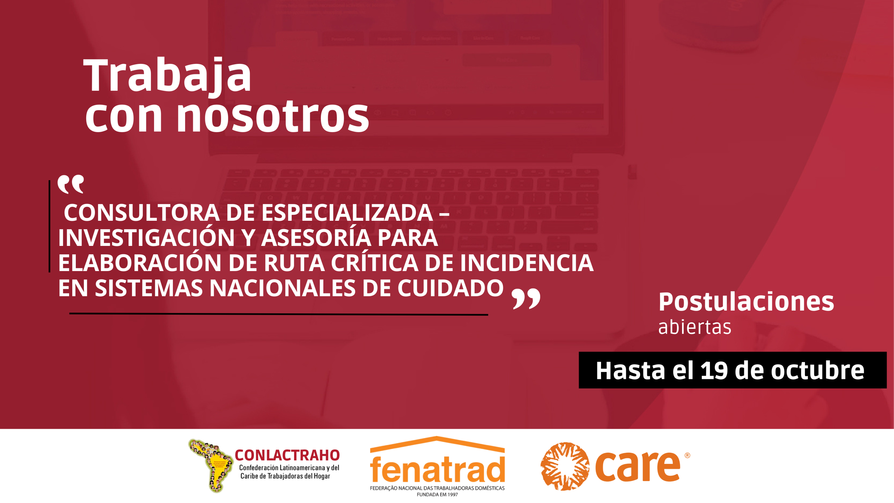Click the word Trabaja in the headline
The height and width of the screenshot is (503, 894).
point(167,75)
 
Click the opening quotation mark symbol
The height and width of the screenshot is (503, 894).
point(71,184)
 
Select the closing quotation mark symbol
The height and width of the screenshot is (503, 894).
point(526,299)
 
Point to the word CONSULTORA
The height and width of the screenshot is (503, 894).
point(141,213)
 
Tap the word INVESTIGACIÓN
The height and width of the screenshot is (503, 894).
point(146,238)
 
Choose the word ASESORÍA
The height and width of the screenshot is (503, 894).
point(316,238)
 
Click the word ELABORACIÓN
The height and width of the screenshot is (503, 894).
point(140,263)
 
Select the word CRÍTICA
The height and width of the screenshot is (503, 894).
point(375,263)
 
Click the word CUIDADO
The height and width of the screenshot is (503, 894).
point(450,288)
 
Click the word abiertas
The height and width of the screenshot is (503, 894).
point(695,327)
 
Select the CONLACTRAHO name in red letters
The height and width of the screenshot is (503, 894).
point(287,455)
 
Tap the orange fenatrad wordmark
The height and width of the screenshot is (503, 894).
point(437,469)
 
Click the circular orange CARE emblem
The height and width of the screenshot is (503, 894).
point(565,466)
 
